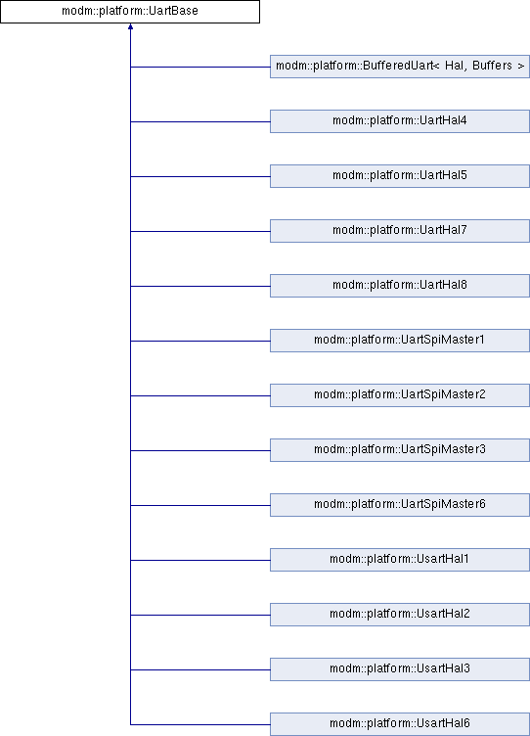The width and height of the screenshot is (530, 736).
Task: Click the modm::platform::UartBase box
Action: [x=130, y=12]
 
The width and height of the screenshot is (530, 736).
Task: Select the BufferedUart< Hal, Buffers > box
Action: [x=400, y=67]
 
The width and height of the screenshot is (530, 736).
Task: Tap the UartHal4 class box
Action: [x=400, y=121]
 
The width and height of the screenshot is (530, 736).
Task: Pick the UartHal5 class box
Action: [x=400, y=176]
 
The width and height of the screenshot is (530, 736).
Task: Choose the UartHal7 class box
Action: [x=400, y=231]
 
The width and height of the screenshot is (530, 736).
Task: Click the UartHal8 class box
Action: [x=400, y=286]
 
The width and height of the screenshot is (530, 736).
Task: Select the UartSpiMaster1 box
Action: [x=400, y=341]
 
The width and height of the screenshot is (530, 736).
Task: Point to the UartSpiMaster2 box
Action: [x=400, y=395]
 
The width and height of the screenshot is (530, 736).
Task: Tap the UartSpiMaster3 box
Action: [x=400, y=450]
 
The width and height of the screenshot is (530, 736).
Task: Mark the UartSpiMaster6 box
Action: [x=400, y=505]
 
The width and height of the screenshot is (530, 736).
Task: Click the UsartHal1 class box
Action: [x=400, y=560]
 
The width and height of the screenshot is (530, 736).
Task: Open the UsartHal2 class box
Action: [x=400, y=615]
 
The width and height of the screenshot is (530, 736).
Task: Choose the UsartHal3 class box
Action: [x=400, y=669]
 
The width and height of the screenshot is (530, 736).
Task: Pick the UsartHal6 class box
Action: [x=400, y=724]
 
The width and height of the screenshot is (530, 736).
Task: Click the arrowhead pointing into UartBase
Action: [x=130, y=26]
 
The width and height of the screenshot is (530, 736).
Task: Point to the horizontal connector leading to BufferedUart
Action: [x=200, y=67]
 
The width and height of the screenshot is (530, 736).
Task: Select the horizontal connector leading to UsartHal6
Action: [x=200, y=724]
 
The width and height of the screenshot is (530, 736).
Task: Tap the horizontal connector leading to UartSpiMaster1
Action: [x=200, y=341]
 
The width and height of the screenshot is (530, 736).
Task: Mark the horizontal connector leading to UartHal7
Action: [x=200, y=231]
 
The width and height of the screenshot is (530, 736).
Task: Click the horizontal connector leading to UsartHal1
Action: [x=200, y=560]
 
